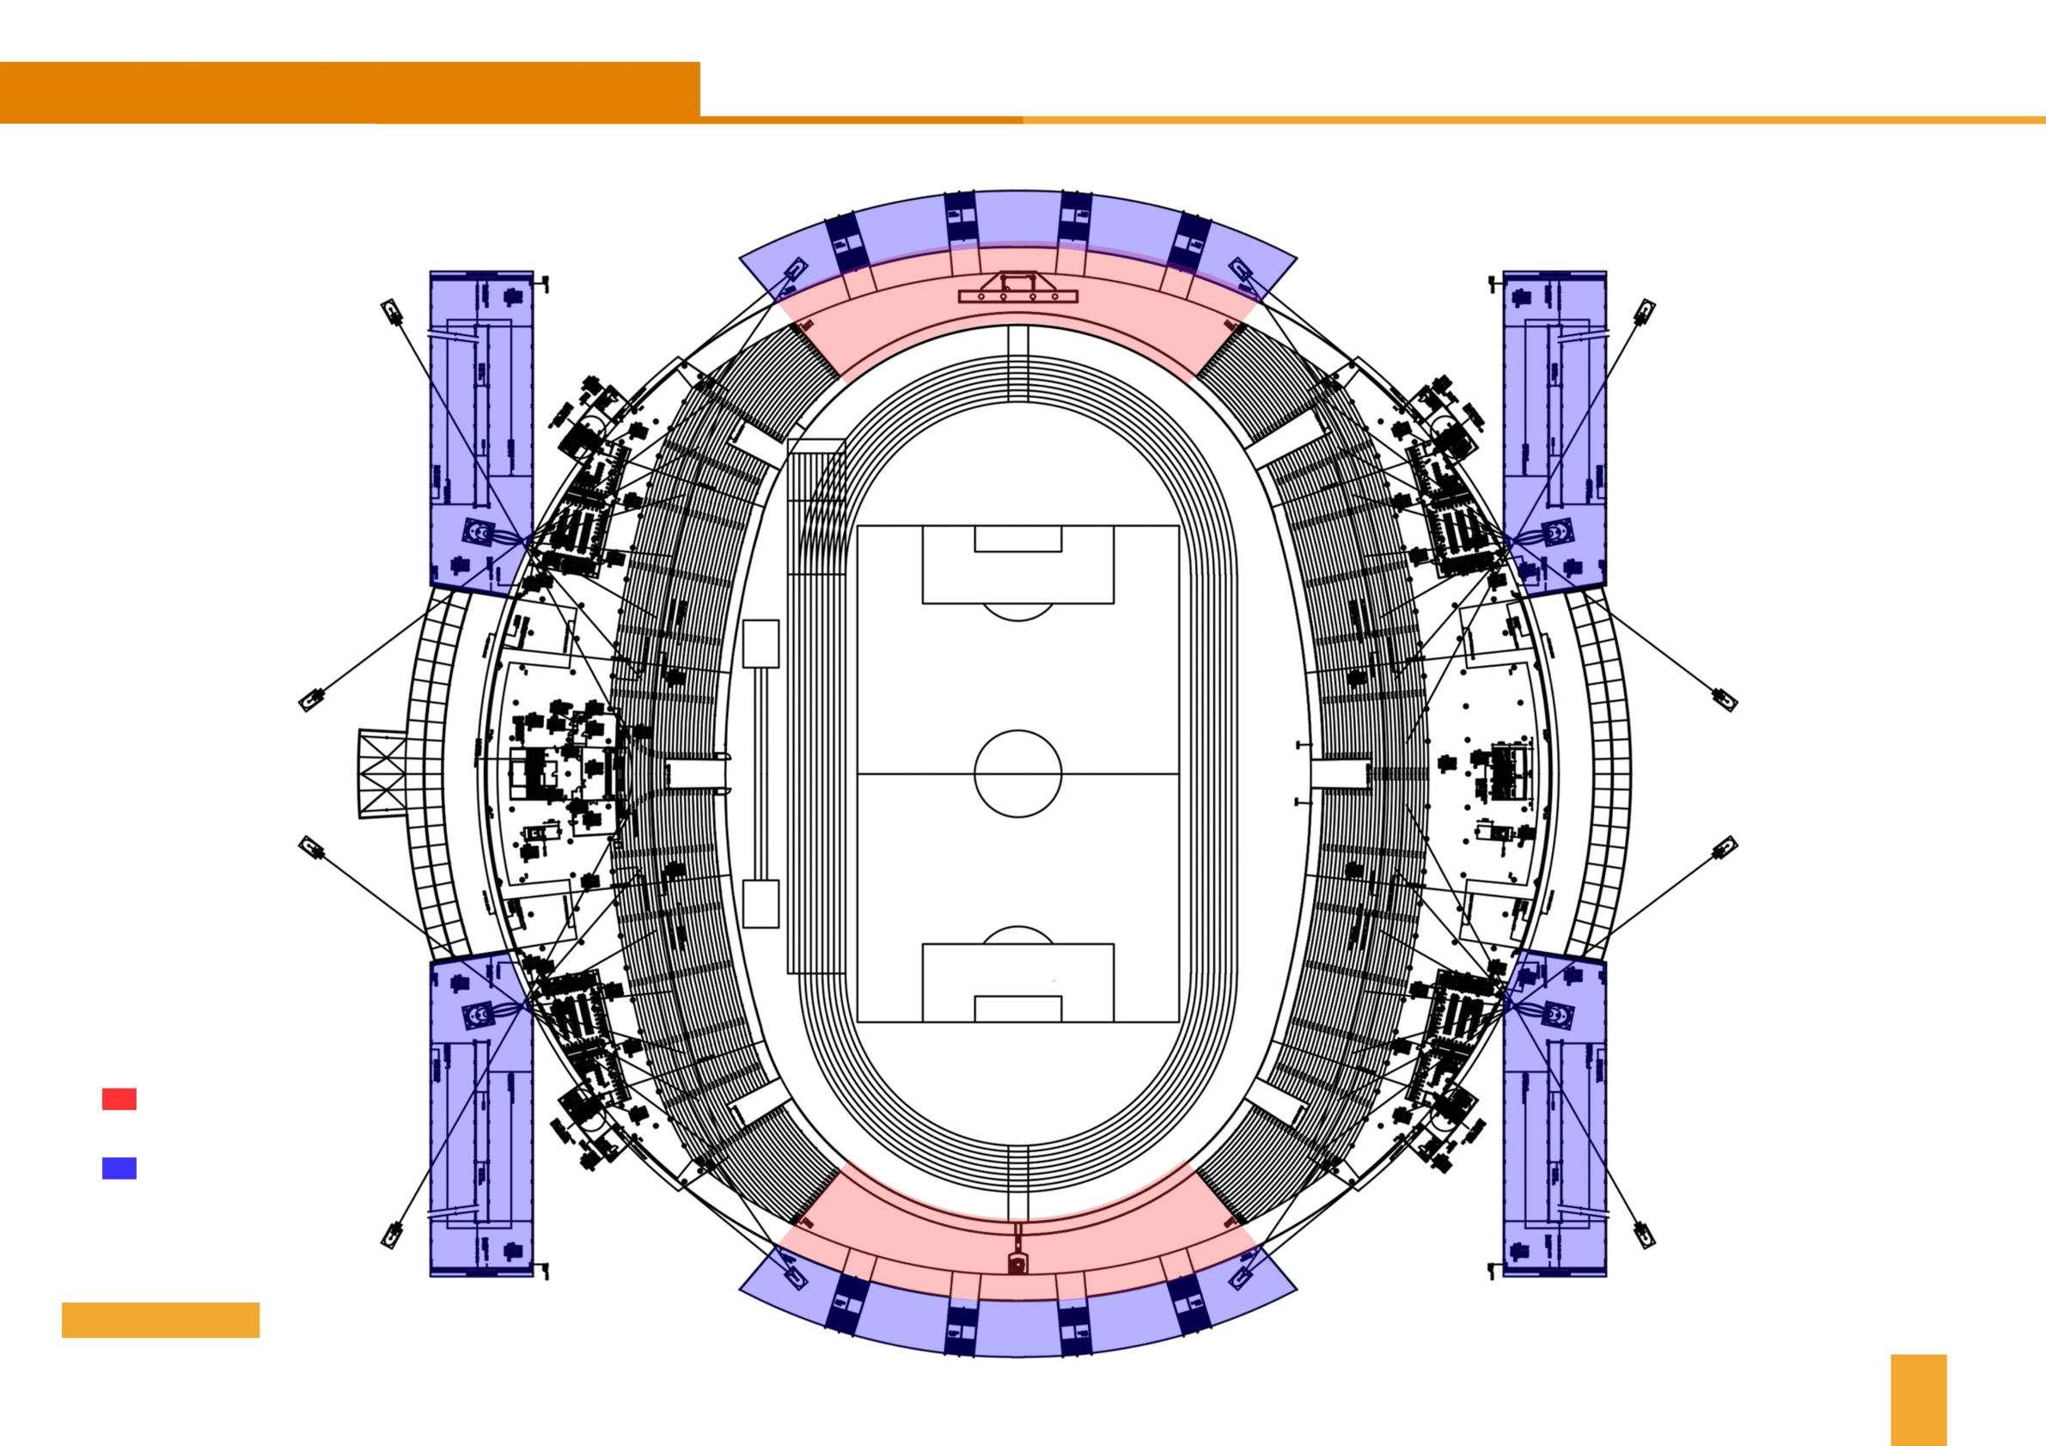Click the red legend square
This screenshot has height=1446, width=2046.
119,1100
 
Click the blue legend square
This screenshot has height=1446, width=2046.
119,1168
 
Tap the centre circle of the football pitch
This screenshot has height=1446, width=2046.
1017,773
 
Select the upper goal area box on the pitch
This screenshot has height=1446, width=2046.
1017,539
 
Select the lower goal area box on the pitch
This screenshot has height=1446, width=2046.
1017,1009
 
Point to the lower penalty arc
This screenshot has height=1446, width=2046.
1017,935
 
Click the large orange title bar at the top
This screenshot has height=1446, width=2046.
350,92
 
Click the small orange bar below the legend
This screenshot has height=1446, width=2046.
161,1321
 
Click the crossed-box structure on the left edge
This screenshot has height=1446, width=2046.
382,773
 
